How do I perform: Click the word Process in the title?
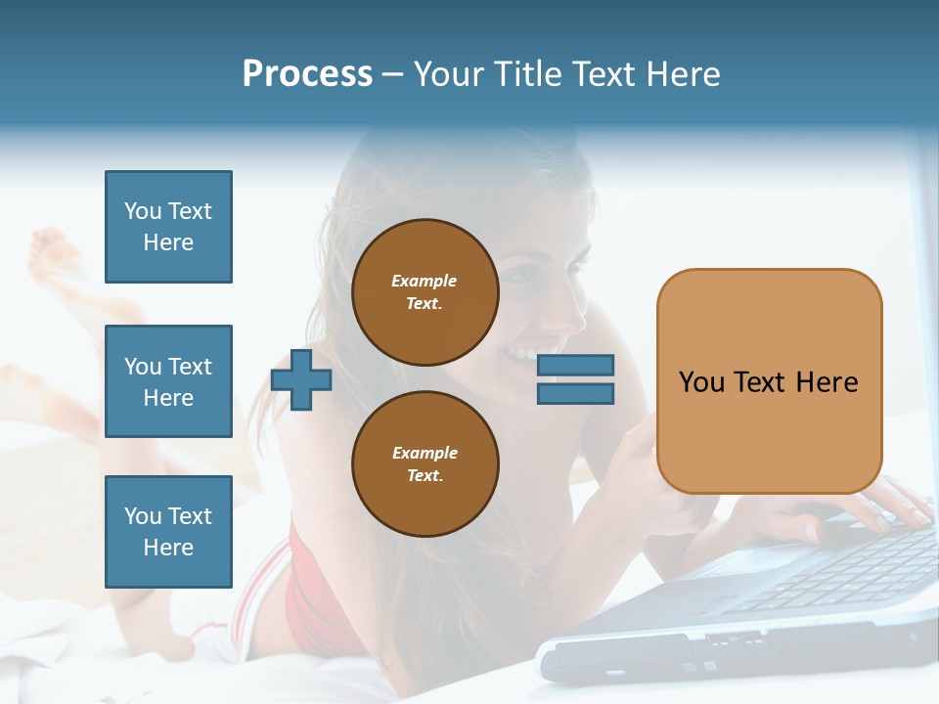[307, 74]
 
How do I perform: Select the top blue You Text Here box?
[168, 227]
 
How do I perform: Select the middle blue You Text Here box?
[168, 381]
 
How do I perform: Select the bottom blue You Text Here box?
[168, 532]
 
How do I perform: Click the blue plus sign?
[301, 379]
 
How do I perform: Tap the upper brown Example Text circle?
[425, 291]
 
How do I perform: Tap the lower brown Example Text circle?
[425, 463]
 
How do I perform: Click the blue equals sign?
[575, 379]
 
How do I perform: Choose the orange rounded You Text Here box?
[769, 381]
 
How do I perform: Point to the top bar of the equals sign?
[575, 366]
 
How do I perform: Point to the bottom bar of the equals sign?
[575, 393]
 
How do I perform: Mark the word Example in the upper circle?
[425, 281]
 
